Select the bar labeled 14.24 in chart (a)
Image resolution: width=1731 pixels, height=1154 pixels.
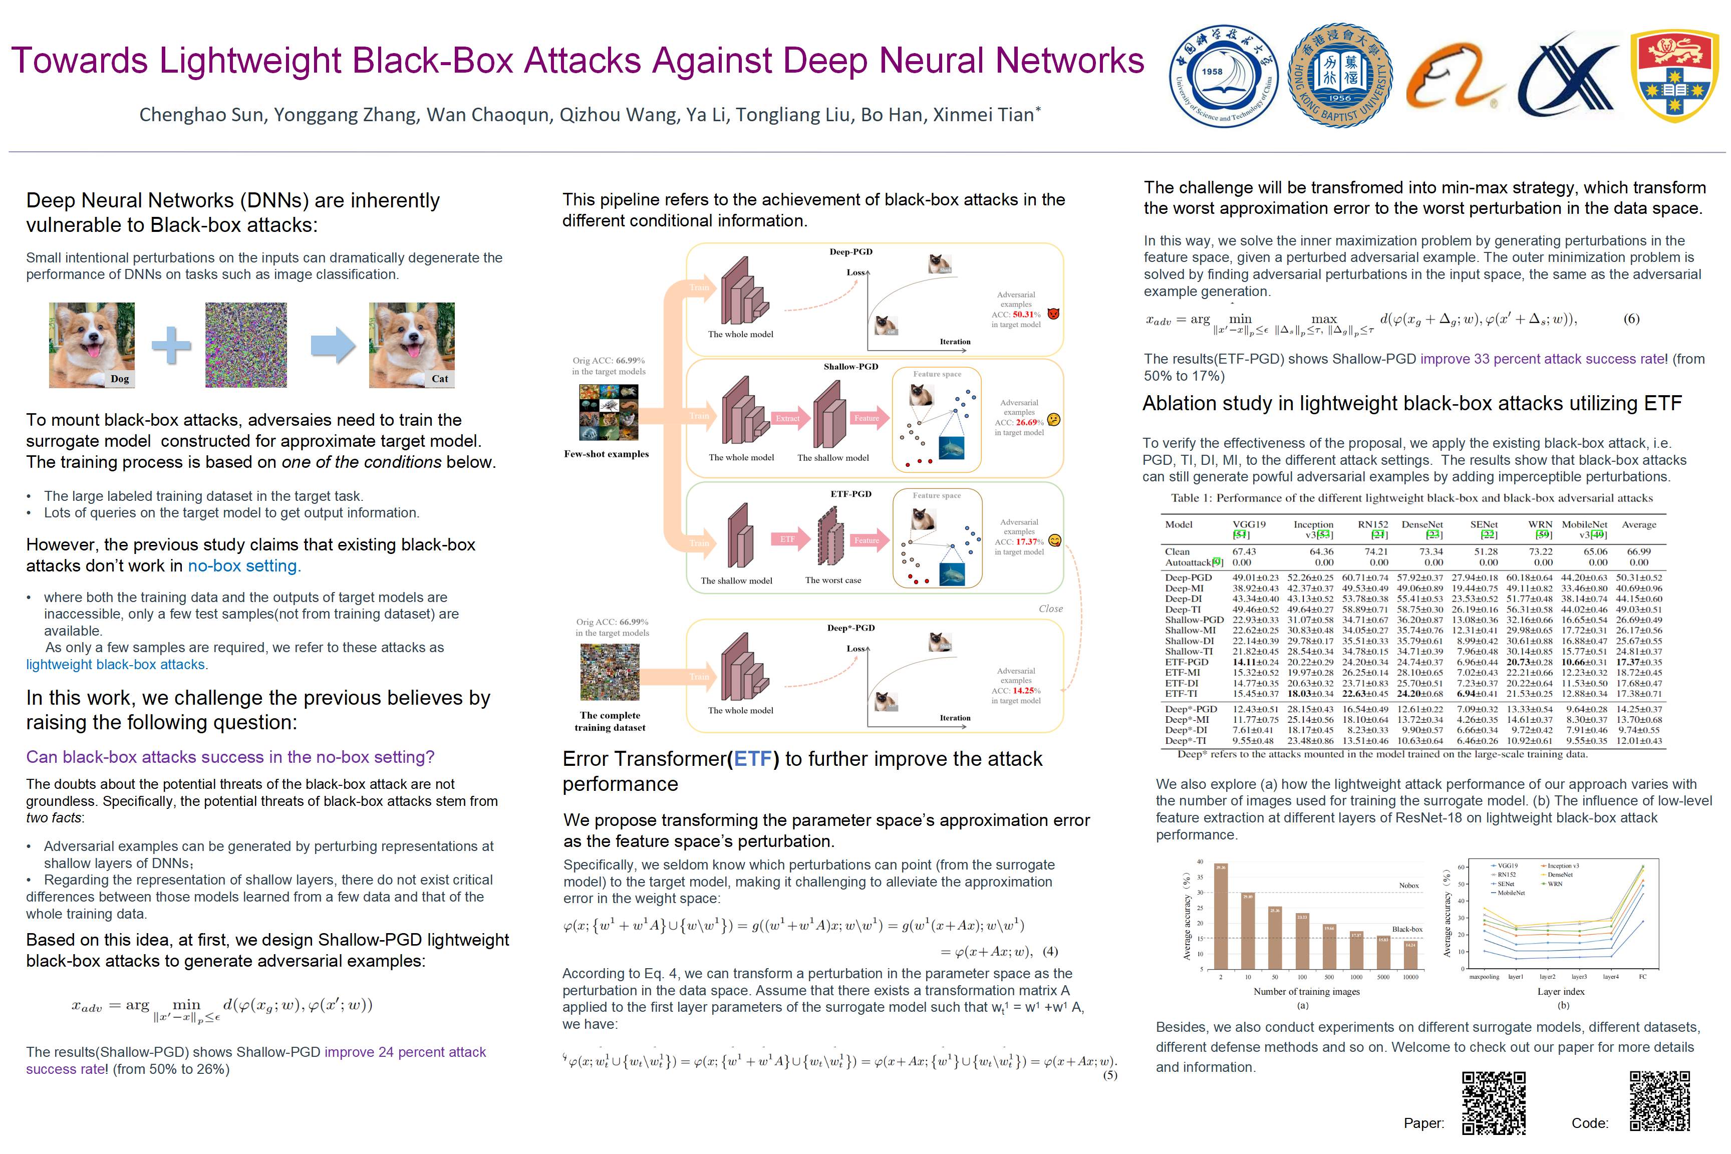1410,955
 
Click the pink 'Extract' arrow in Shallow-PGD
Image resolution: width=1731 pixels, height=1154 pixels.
788,418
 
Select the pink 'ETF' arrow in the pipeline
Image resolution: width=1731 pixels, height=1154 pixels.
788,539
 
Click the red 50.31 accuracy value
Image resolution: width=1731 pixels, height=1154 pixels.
1022,314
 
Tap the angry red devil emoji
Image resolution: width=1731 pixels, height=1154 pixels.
1053,314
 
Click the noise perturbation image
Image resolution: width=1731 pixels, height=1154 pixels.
246,345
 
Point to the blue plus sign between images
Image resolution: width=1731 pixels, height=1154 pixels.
171,345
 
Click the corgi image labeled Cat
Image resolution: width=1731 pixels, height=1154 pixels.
411,345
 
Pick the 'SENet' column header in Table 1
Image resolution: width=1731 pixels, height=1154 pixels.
1484,525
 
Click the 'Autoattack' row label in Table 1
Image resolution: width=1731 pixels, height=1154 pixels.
1189,562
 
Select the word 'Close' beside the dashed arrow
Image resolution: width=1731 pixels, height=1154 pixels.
1050,609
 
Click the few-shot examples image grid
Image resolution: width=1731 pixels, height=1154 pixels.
608,413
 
